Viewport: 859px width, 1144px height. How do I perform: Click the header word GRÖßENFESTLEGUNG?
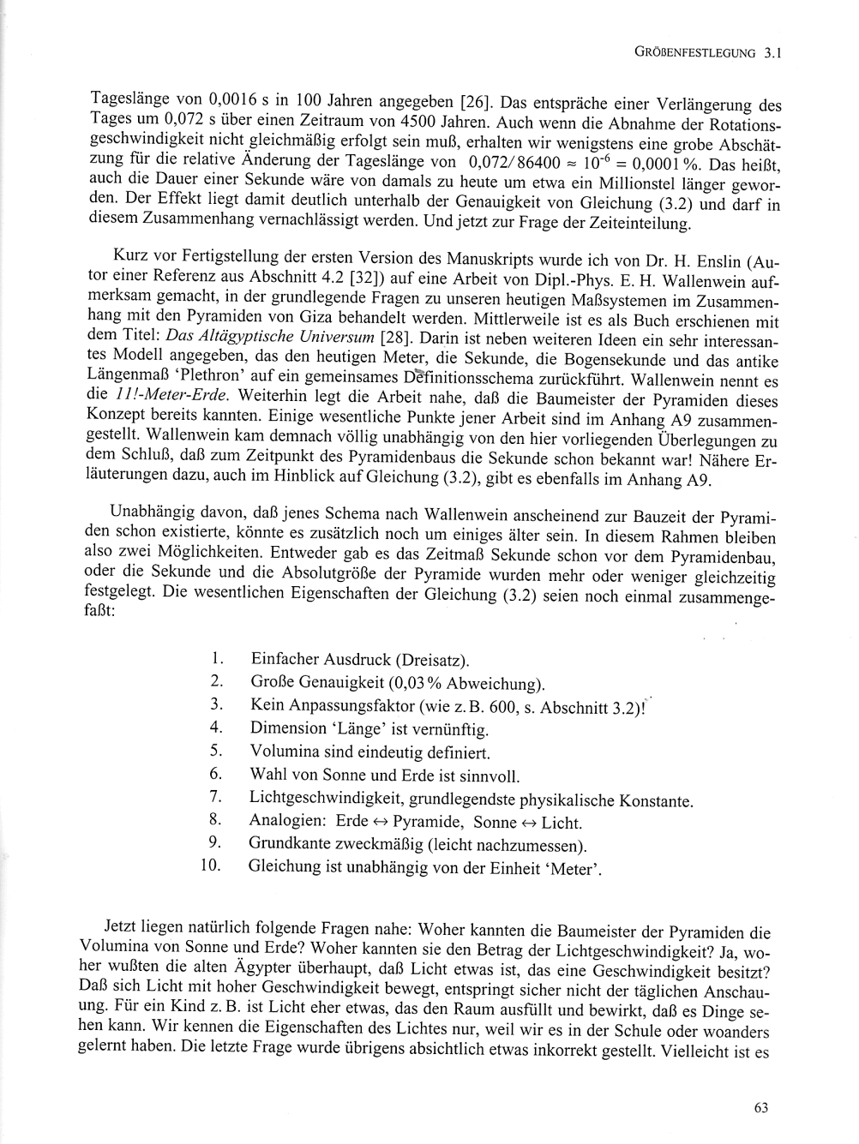(695, 53)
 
